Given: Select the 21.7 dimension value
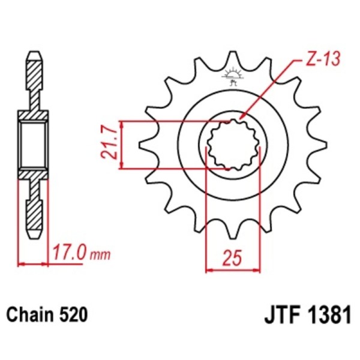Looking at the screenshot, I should click(109, 145).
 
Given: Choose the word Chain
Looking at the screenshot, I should click(29, 314).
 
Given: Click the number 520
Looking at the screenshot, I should click(73, 314).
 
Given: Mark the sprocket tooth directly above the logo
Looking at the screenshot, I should click(232, 60).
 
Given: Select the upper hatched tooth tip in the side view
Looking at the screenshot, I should click(34, 69).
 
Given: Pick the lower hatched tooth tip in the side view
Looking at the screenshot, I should click(34, 219).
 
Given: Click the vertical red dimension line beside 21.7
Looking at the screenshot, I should click(122, 145).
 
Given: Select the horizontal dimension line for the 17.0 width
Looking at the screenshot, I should click(34, 263).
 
